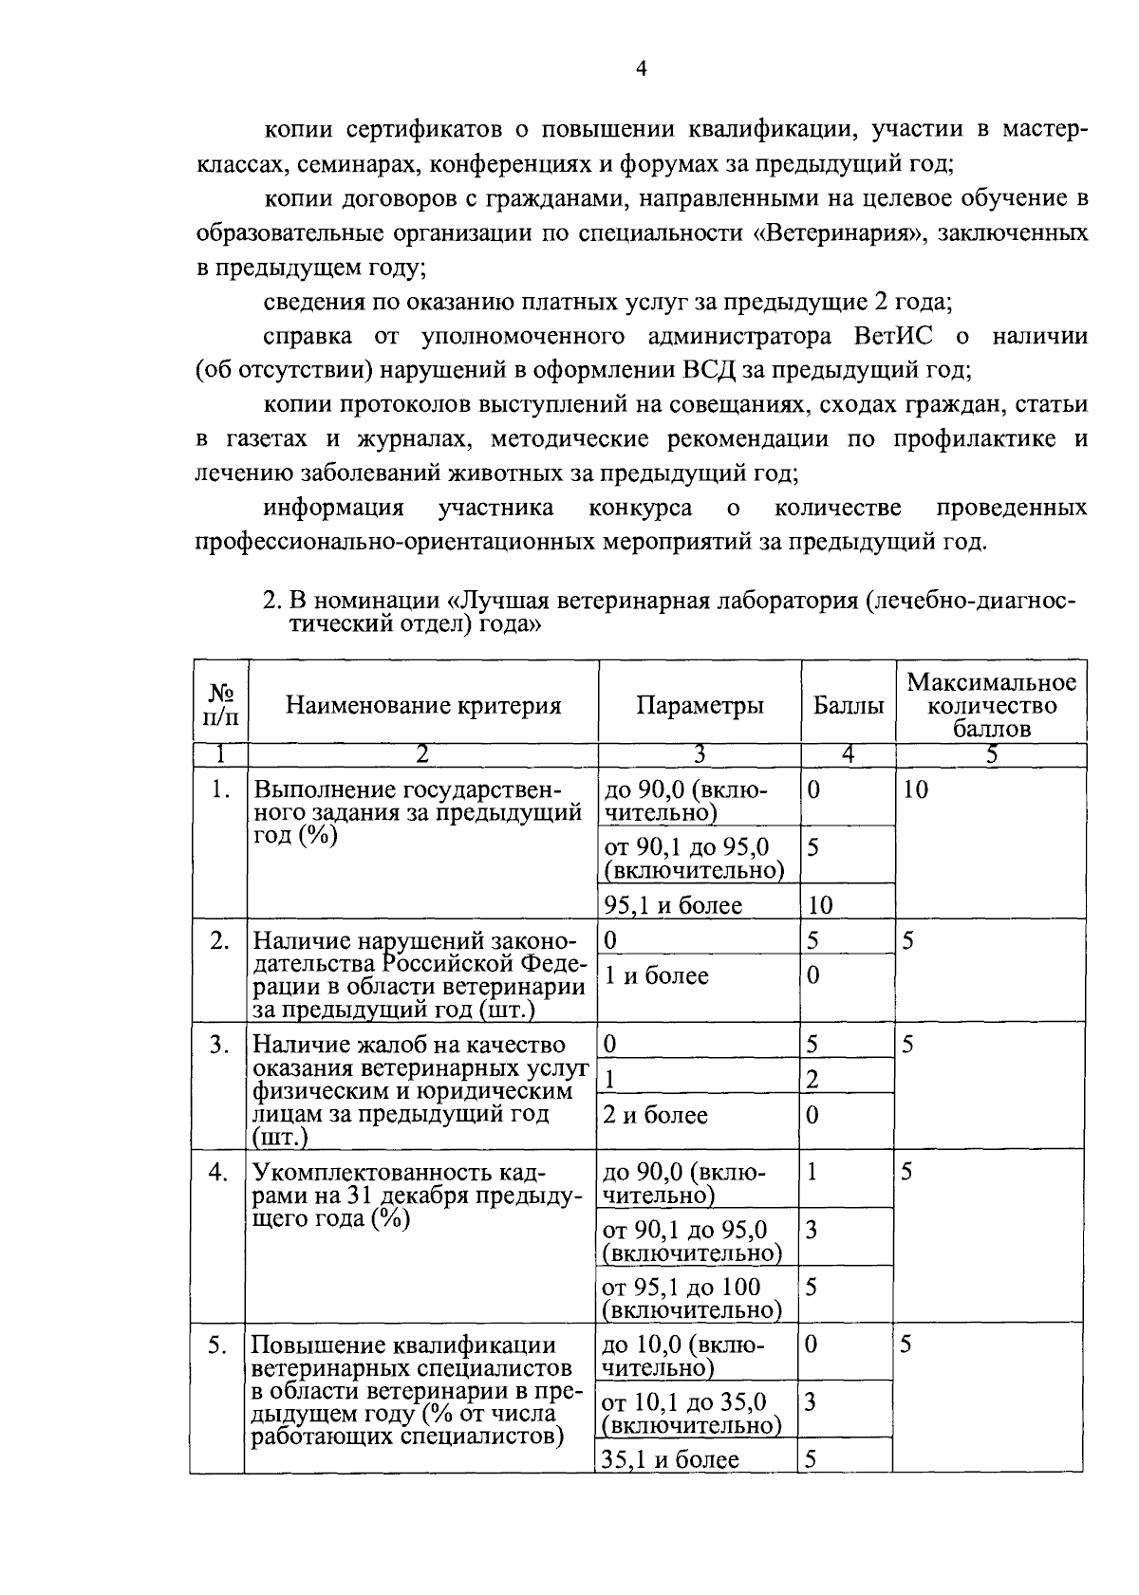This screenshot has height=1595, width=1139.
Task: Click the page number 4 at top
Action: coord(641,68)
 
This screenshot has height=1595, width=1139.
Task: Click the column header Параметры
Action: coord(700,705)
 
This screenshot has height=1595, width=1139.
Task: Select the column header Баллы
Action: coord(848,705)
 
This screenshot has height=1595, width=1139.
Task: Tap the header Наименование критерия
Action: coord(423,705)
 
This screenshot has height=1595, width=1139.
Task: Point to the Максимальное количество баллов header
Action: coord(991,705)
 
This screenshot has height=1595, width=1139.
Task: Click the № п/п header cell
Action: coord(219,705)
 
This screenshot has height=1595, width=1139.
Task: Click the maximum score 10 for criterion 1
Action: coord(915,789)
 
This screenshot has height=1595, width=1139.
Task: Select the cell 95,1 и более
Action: coord(673,905)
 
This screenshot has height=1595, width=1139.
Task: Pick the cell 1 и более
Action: coord(656,975)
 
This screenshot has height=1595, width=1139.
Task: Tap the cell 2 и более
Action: coord(656,1115)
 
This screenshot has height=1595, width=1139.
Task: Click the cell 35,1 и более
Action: coord(671,1459)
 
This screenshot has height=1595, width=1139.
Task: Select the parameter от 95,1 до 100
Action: coord(682,1288)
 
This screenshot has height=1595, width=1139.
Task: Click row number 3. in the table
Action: coord(219,1045)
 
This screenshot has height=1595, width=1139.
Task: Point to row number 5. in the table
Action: coord(217,1345)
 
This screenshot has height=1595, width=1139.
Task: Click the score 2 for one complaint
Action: coord(812,1079)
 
